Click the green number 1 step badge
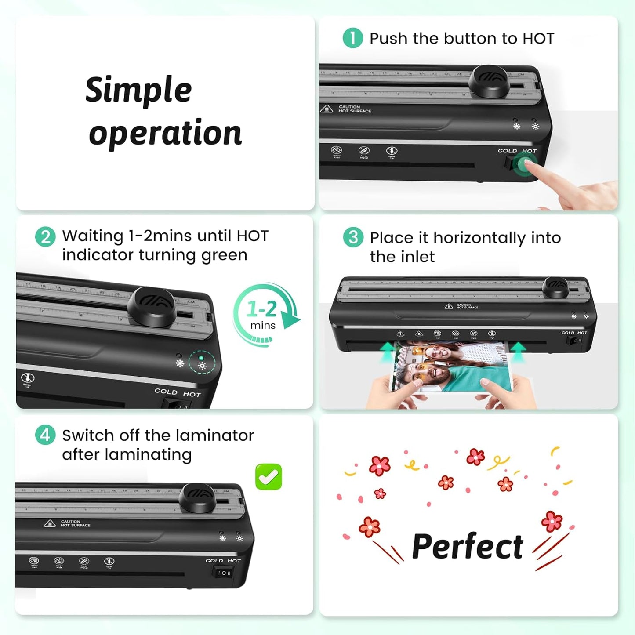tap(352, 38)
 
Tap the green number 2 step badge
tap(45, 237)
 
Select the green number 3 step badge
tap(353, 237)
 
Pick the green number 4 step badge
tap(45, 435)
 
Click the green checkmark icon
tap(269, 477)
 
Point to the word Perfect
tap(468, 546)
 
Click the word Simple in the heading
tap(138, 90)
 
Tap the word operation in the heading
tap(165, 133)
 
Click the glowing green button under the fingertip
tap(522, 165)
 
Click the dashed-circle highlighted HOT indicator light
tap(202, 363)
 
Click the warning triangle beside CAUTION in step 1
tap(327, 109)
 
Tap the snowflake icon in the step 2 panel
tap(180, 363)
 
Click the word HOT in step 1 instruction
tap(538, 39)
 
